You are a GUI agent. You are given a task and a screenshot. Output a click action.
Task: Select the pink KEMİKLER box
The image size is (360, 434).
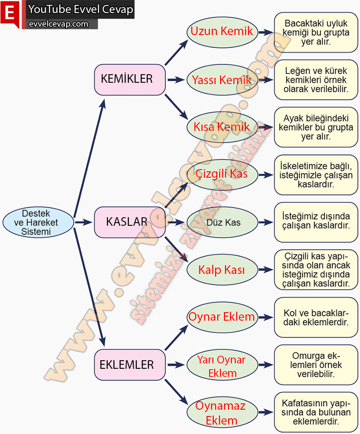click(130, 80)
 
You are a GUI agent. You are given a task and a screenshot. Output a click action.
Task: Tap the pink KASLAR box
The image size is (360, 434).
click(130, 222)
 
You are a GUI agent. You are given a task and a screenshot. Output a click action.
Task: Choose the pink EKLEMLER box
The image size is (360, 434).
click(130, 365)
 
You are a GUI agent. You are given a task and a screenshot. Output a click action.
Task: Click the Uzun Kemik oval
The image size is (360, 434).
click(222, 32)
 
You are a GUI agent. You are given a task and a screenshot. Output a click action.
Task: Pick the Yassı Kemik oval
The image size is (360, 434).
click(222, 80)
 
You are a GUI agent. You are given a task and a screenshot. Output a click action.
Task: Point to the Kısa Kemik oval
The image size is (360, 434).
click(222, 127)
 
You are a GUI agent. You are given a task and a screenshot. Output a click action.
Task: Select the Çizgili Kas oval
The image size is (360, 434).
click(222, 174)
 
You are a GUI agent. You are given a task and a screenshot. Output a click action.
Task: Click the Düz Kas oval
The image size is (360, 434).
click(222, 222)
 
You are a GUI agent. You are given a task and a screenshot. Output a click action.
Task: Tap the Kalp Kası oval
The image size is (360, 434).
click(222, 270)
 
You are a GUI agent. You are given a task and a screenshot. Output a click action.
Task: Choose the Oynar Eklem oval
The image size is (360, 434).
click(222, 317)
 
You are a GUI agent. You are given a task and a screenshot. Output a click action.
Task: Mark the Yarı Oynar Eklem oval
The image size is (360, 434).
click(222, 366)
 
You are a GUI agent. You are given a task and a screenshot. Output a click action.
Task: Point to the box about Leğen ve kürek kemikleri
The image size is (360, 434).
click(316, 80)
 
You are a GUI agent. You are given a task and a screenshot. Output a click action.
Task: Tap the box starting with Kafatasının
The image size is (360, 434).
click(316, 412)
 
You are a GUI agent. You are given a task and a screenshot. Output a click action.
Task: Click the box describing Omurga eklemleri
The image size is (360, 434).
click(316, 364)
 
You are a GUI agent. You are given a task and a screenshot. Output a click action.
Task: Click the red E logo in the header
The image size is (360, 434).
click(10, 13)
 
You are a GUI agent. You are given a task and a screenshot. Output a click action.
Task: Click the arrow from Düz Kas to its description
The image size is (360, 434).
click(266, 222)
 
